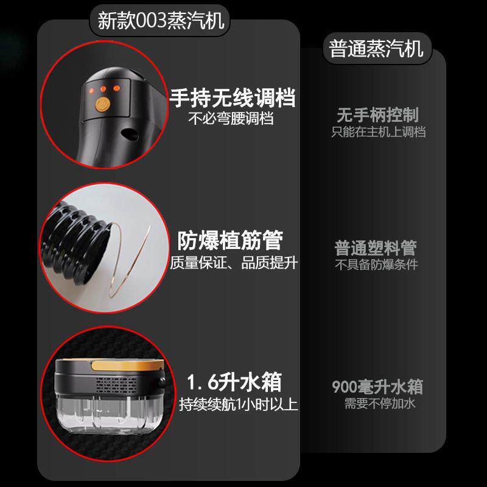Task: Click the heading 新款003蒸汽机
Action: point(161,21)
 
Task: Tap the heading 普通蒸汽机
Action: point(376,49)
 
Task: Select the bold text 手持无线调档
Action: point(233,98)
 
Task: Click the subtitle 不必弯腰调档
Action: point(231,118)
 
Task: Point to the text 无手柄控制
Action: point(378,115)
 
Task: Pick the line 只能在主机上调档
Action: point(378,131)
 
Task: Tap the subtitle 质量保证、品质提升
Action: point(234,263)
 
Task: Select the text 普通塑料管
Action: point(376,248)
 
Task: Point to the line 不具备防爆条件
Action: point(376,264)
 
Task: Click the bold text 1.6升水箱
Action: point(234,382)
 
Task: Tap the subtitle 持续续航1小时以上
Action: point(238,404)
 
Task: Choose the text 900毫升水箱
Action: point(377,387)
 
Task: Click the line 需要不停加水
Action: point(380,404)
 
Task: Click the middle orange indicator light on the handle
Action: point(103,89)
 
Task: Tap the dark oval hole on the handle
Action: point(130,134)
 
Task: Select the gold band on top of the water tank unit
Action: point(127,365)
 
